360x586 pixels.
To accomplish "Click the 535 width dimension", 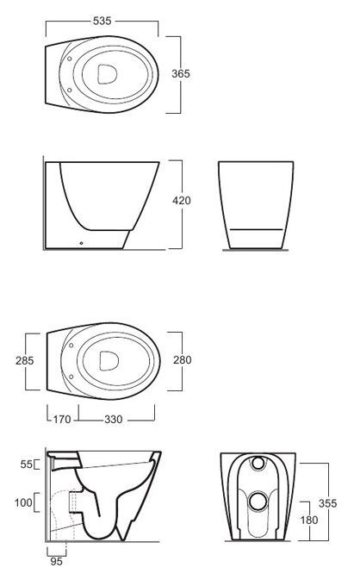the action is (102, 21).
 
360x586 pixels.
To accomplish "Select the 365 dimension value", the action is (181, 73).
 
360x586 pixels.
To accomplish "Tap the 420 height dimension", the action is (182, 200).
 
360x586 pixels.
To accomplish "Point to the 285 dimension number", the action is (25, 360).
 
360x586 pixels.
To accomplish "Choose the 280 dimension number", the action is (183, 359).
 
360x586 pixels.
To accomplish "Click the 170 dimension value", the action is (62, 420).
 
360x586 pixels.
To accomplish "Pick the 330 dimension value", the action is (113, 420).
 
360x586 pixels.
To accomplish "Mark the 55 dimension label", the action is (27, 464).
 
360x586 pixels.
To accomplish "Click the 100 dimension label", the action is (23, 502).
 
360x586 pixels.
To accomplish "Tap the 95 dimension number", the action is (56, 561).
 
